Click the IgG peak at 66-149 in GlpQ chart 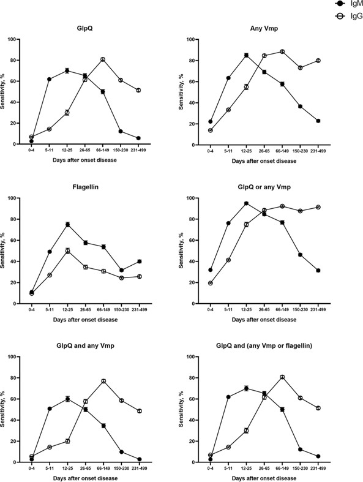[103, 59]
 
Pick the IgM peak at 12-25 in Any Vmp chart [245, 55]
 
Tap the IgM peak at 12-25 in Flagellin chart [67, 224]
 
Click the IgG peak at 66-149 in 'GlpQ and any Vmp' [103, 381]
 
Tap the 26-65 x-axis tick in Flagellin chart [85, 309]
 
